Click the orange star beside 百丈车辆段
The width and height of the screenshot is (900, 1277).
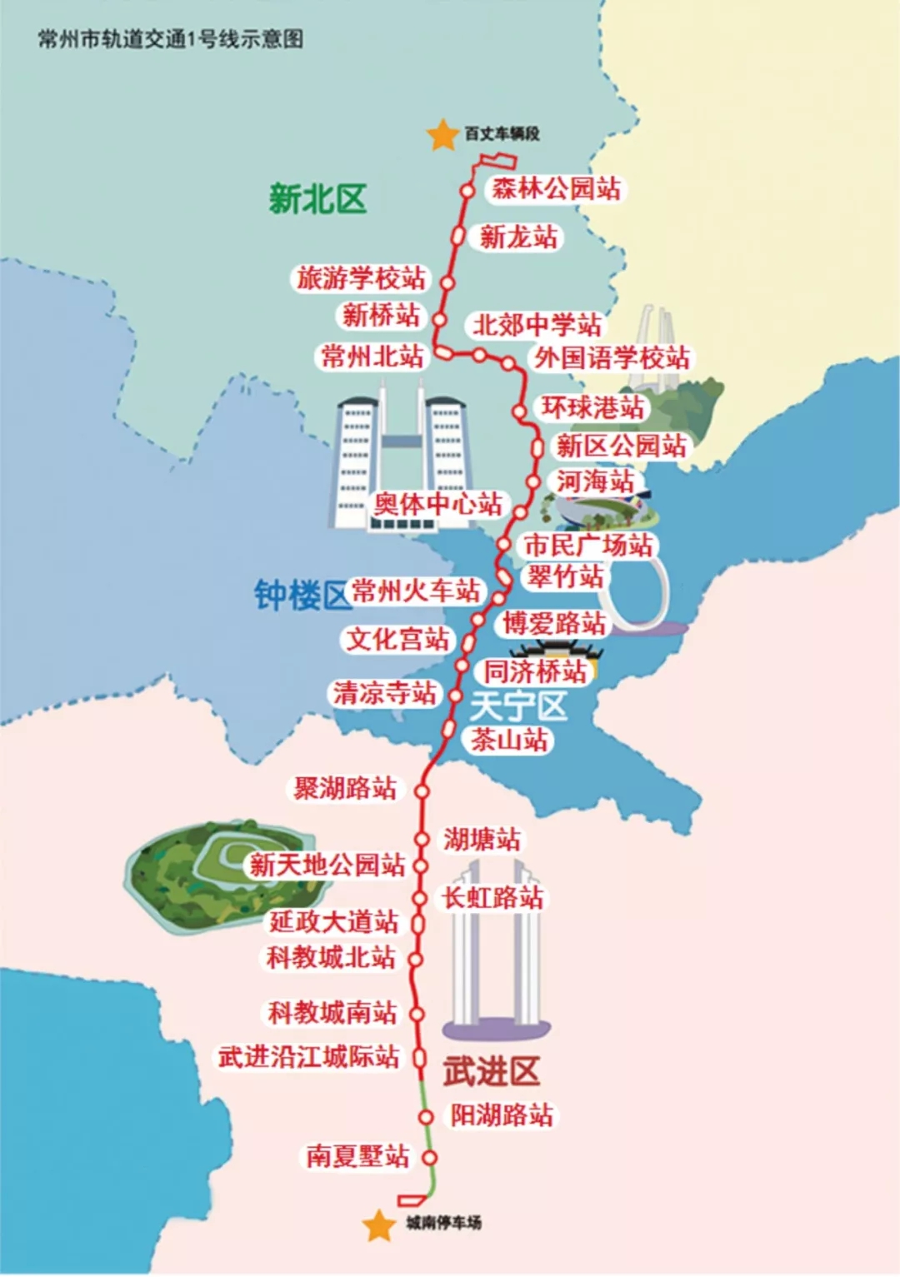click(442, 135)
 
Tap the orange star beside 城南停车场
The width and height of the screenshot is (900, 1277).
click(379, 1225)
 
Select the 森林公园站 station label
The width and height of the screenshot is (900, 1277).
click(556, 189)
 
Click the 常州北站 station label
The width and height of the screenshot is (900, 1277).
click(372, 357)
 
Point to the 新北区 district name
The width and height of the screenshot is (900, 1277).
click(317, 200)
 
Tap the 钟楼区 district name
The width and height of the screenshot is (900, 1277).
click(301, 596)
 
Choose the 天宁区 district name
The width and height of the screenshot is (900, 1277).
click(517, 707)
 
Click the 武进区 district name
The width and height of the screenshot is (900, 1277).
click(491, 1071)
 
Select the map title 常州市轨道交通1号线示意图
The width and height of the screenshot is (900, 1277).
click(170, 39)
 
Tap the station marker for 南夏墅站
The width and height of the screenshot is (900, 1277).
click(429, 1157)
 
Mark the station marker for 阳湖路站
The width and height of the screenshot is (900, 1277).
click(427, 1116)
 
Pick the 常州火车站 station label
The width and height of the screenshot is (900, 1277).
click(416, 591)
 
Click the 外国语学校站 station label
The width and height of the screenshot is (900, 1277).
click(612, 358)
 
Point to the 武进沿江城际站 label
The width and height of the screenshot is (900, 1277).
click(309, 1057)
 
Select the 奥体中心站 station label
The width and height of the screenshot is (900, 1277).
click(437, 504)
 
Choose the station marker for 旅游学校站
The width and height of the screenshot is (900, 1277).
click(447, 283)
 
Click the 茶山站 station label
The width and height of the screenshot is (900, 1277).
click(509, 740)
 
